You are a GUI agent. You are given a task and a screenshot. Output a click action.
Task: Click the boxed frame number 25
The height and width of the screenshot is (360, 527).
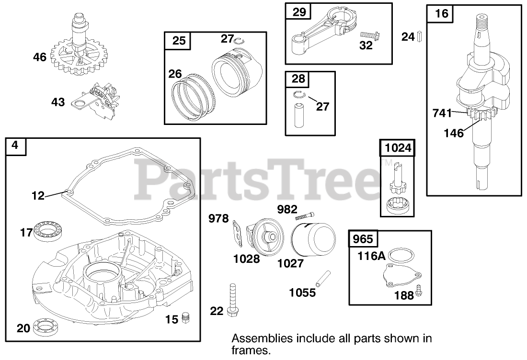click(179, 41)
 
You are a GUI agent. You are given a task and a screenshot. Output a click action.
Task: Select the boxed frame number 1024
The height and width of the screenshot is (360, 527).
click(398, 148)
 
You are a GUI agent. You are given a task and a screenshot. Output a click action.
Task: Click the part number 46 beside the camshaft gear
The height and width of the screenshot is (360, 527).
click(40, 57)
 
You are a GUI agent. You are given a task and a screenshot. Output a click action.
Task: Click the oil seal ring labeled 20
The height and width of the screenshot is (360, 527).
click(50, 328)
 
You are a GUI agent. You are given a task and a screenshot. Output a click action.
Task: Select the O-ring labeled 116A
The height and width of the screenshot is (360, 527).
click(401, 256)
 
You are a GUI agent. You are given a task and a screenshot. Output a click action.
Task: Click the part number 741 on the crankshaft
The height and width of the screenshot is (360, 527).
click(442, 113)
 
